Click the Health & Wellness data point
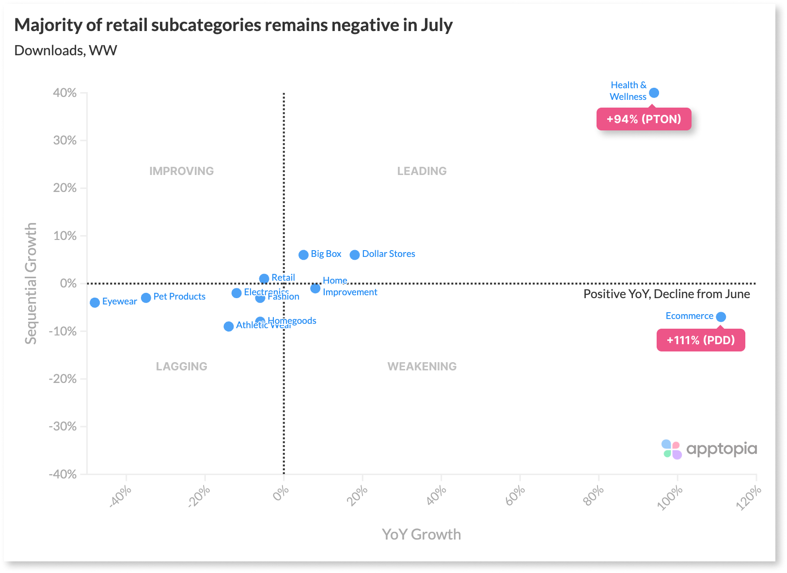tap(654, 93)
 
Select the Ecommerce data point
tap(721, 317)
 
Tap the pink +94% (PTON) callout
tap(644, 119)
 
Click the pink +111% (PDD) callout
tap(700, 340)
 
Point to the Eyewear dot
tap(95, 302)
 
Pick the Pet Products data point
tap(146, 298)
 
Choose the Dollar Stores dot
tap(355, 255)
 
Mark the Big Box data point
tap(303, 255)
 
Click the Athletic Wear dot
tap(229, 326)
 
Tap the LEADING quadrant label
tap(422, 171)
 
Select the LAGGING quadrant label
tap(181, 366)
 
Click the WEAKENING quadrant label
tap(422, 366)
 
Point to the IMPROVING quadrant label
tap(181, 171)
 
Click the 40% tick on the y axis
tap(65, 93)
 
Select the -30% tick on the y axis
tap(63, 427)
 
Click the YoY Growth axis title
tap(421, 534)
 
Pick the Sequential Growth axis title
tap(31, 284)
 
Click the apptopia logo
tap(709, 449)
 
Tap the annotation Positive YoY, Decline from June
tap(666, 294)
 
